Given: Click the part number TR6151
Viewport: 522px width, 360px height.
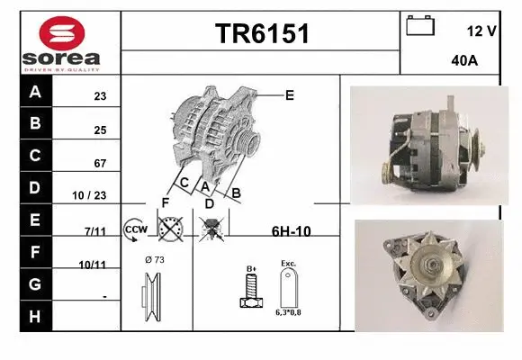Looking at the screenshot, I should [262, 34].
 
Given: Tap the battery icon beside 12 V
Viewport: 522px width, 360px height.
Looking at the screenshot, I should [419, 25].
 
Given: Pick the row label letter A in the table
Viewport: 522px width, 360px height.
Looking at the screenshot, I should [34, 92].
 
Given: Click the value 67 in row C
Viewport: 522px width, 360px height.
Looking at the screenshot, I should [101, 164].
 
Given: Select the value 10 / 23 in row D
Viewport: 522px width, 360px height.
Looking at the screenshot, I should [93, 194].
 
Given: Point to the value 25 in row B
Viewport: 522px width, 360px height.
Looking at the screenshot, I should [101, 130].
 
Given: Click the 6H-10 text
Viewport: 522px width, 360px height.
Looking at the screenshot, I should [291, 231].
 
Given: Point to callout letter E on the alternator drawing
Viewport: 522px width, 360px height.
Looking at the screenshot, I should [289, 94].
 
